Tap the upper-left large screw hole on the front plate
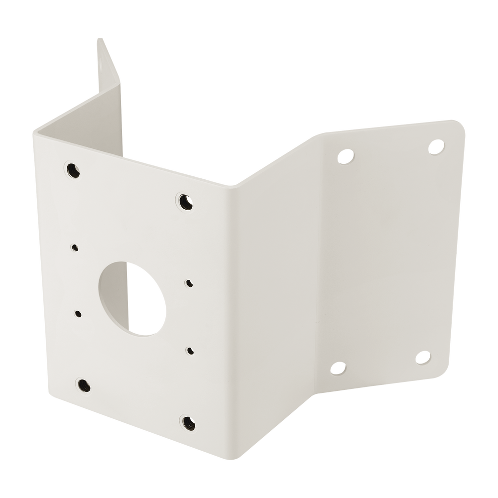(73, 169)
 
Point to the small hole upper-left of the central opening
(75, 247)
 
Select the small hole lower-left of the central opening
(78, 314)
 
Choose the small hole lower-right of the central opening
(190, 350)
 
